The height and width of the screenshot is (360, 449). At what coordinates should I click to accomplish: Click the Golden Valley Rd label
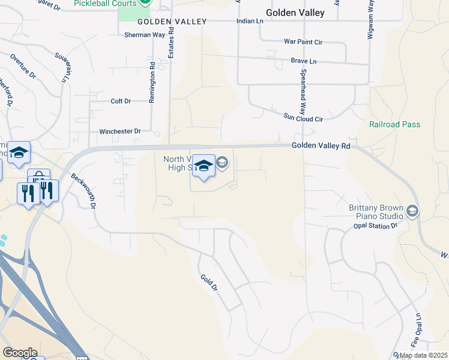(x=321, y=146)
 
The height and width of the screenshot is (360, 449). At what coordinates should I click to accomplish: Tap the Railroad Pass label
(x=395, y=124)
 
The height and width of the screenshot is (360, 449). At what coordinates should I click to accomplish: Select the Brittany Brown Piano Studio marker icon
(x=412, y=211)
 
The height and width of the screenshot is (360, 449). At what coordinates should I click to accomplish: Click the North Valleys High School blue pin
(x=204, y=166)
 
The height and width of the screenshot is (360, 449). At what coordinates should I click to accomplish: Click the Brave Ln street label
(x=303, y=61)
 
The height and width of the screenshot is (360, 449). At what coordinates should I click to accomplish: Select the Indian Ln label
(x=250, y=21)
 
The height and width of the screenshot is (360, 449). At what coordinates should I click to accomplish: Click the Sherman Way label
(x=145, y=35)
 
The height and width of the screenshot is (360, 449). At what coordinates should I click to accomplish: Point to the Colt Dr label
(x=121, y=101)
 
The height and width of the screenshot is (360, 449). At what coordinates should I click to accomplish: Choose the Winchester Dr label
(x=120, y=131)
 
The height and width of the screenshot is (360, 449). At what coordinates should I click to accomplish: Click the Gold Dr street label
(x=209, y=283)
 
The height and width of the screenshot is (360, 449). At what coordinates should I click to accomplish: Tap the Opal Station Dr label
(x=374, y=226)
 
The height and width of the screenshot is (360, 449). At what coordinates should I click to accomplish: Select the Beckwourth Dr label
(x=83, y=191)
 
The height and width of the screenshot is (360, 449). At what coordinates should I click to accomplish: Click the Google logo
(x=19, y=353)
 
